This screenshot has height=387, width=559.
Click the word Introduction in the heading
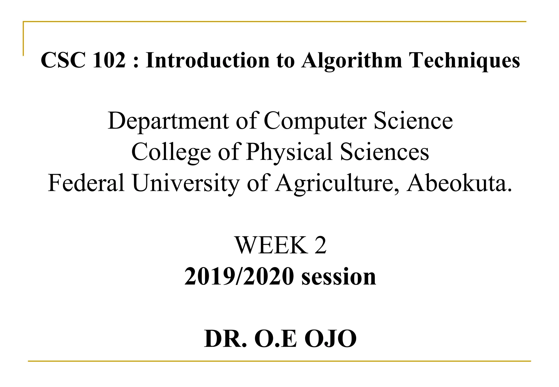click(208, 60)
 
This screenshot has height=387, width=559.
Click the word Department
click(168, 121)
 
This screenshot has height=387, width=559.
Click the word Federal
click(86, 183)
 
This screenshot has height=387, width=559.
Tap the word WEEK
click(271, 245)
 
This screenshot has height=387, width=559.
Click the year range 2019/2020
click(239, 276)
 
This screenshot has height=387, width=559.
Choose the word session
click(339, 276)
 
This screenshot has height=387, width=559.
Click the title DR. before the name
click(225, 339)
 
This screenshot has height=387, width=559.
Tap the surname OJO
click(331, 339)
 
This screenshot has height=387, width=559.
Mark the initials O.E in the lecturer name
click(275, 339)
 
